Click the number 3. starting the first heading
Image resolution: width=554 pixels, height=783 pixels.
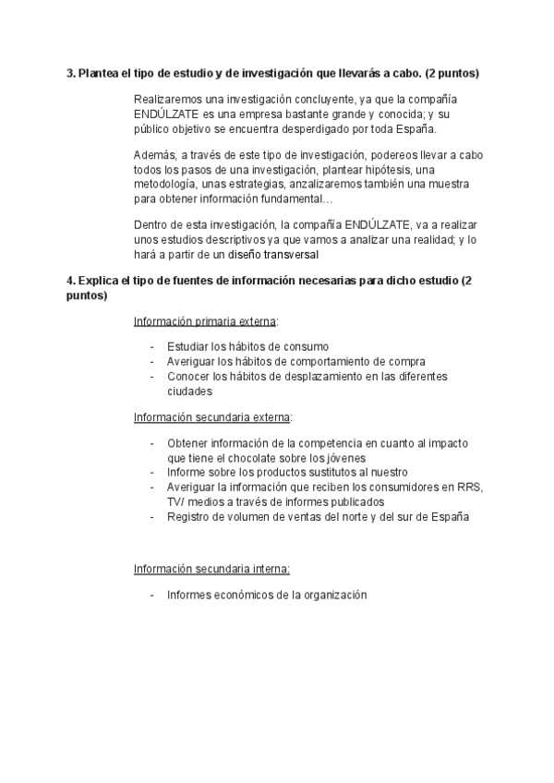coord(71,73)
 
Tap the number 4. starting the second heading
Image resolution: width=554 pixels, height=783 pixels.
coord(71,280)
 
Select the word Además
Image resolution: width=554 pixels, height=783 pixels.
coord(154,155)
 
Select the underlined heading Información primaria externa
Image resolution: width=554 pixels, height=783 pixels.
coord(206,321)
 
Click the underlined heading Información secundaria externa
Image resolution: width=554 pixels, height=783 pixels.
coord(212,416)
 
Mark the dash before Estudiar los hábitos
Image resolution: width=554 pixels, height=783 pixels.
coord(152,346)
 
